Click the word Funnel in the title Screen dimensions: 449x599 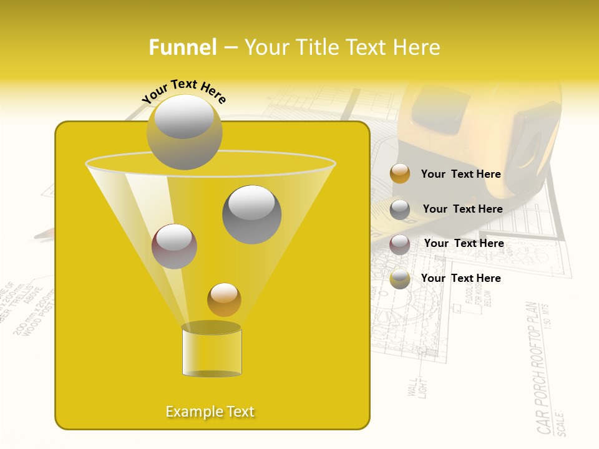[x=182, y=47]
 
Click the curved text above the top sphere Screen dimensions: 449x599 [x=184, y=91]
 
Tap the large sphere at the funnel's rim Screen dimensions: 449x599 [x=185, y=132]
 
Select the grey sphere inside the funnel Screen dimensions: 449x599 [x=251, y=215]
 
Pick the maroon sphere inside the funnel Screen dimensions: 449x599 [x=174, y=246]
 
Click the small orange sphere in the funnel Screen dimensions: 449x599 [x=224, y=299]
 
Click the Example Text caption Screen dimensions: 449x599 [x=210, y=412]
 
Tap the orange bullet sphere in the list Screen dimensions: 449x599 [x=400, y=174]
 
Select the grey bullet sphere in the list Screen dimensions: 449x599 [x=400, y=209]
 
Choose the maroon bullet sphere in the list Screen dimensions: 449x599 [x=400, y=244]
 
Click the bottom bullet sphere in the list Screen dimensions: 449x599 [x=400, y=279]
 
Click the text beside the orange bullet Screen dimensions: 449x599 [x=460, y=174]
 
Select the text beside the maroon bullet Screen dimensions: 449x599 [x=464, y=243]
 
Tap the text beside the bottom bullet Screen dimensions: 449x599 [x=460, y=278]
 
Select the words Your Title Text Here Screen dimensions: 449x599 [x=342, y=47]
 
